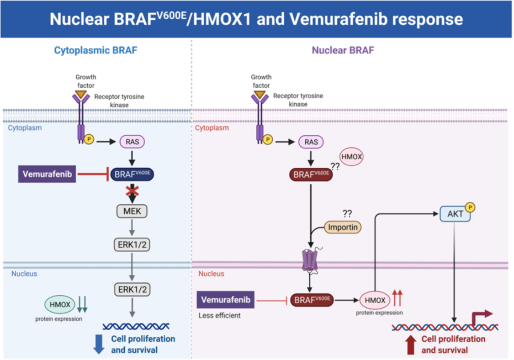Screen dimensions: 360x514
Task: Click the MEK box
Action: pyautogui.click(x=132, y=211)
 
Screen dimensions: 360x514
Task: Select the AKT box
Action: pyautogui.click(x=455, y=214)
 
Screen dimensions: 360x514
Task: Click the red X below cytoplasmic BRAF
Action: pyautogui.click(x=132, y=191)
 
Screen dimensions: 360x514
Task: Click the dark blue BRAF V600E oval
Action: pyautogui.click(x=132, y=174)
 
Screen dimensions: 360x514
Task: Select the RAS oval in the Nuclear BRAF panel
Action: pyautogui.click(x=311, y=142)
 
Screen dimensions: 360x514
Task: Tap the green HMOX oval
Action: pyautogui.click(x=59, y=304)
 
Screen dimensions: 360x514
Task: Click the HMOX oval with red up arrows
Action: pyautogui.click(x=375, y=301)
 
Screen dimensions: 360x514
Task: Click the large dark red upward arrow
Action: pyautogui.click(x=410, y=344)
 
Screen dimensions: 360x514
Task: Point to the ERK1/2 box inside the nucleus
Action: pyautogui.click(x=132, y=289)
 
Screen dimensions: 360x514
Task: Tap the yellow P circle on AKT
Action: pyautogui.click(x=470, y=207)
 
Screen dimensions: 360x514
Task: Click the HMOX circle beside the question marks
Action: pyautogui.click(x=351, y=157)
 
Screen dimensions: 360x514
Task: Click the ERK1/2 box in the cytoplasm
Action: pyautogui.click(x=132, y=245)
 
